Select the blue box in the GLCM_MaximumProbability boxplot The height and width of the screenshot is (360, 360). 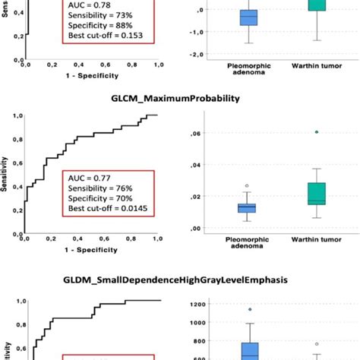click(x=247, y=207)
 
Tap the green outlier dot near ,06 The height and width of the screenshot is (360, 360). click(x=316, y=131)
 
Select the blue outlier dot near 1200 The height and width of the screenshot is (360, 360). click(x=248, y=309)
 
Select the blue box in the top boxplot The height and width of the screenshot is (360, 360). click(x=248, y=17)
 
